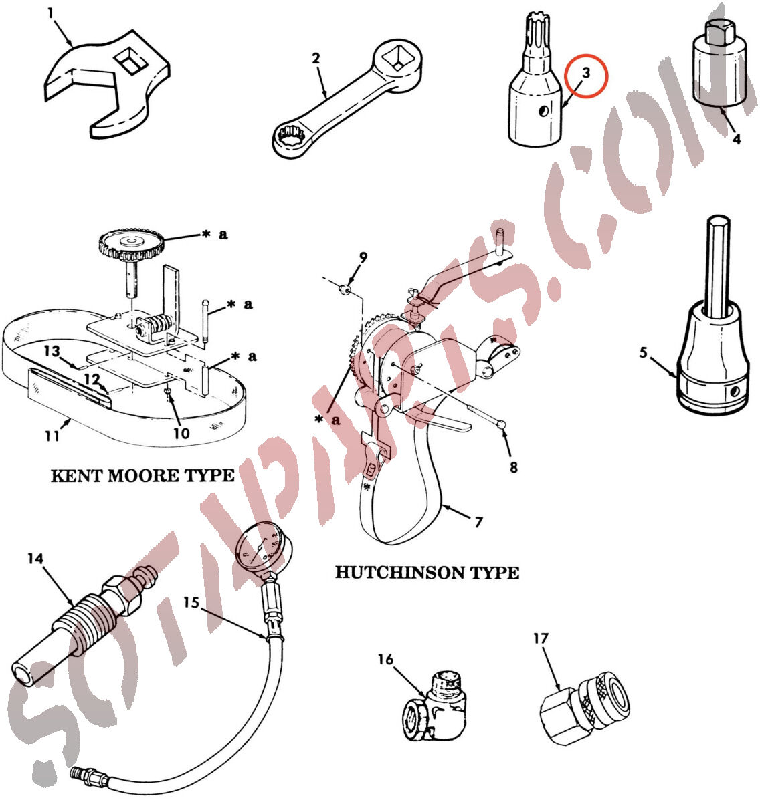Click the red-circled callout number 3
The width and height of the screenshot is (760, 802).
tap(586, 73)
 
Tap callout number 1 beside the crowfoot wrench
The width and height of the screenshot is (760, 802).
tap(50, 14)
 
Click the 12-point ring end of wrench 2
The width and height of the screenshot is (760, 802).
tap(291, 139)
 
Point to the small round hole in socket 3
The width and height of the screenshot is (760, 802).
tap(544, 110)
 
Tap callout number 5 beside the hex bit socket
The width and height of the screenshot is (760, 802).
tap(644, 352)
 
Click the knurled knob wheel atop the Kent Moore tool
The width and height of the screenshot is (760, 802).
tap(130, 245)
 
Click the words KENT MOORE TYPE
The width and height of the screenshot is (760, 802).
tap(142, 476)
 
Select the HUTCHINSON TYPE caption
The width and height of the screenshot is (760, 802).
tap(427, 573)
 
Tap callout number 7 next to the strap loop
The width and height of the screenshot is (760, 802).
tap(478, 521)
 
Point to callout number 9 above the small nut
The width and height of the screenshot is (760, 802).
tap(363, 257)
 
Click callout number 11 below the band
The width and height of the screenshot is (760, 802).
tap(52, 436)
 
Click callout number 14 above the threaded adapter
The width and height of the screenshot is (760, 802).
tap(35, 558)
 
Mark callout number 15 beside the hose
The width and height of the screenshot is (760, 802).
tap(191, 602)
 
